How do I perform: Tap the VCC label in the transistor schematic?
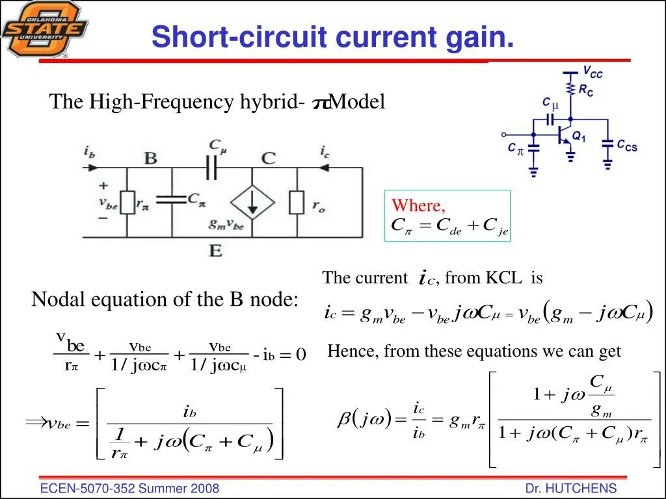592,72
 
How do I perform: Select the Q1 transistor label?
579,138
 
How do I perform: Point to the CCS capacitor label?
627,146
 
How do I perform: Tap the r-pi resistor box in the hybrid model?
127,203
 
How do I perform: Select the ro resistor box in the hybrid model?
297,203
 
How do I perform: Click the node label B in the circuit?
150,158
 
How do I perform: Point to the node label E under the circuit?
215,250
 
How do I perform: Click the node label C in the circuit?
268,158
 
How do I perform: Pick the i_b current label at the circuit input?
90,151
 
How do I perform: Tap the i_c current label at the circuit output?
325,151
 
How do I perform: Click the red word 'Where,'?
418,206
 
